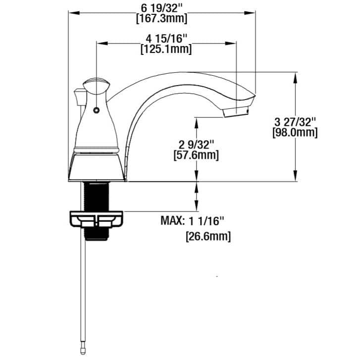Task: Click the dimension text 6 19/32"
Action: pyautogui.click(x=161, y=9)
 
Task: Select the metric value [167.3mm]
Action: pyautogui.click(x=161, y=19)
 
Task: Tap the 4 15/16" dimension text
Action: pyautogui.click(x=166, y=39)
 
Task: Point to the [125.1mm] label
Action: pyautogui.click(x=166, y=50)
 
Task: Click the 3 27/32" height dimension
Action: pyautogui.click(x=295, y=122)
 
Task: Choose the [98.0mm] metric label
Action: pyautogui.click(x=295, y=133)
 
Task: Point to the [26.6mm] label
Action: pyautogui.click(x=208, y=237)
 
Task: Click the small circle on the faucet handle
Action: pyautogui.click(x=96, y=109)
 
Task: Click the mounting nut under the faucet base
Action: pyautogui.click(x=97, y=220)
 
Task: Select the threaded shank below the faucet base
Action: pyautogui.click(x=97, y=196)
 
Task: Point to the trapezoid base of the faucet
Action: pyautogui.click(x=97, y=166)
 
